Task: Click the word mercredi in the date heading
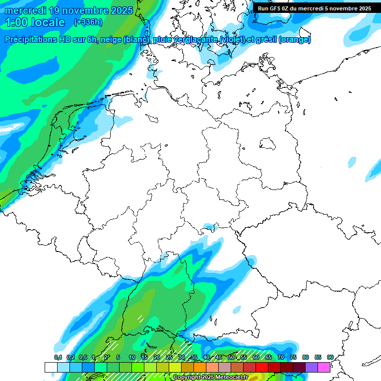(25, 10)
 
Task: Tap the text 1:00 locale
(35, 22)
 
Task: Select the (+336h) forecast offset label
(89, 22)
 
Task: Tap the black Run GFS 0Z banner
(314, 8)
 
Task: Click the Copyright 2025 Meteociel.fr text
(210, 378)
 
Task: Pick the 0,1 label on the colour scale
(58, 357)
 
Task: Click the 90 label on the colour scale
(330, 357)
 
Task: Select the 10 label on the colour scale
(132, 357)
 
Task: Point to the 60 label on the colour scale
(256, 357)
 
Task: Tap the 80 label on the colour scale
(306, 357)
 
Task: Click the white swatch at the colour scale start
(51, 367)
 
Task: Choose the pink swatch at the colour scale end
(324, 367)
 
